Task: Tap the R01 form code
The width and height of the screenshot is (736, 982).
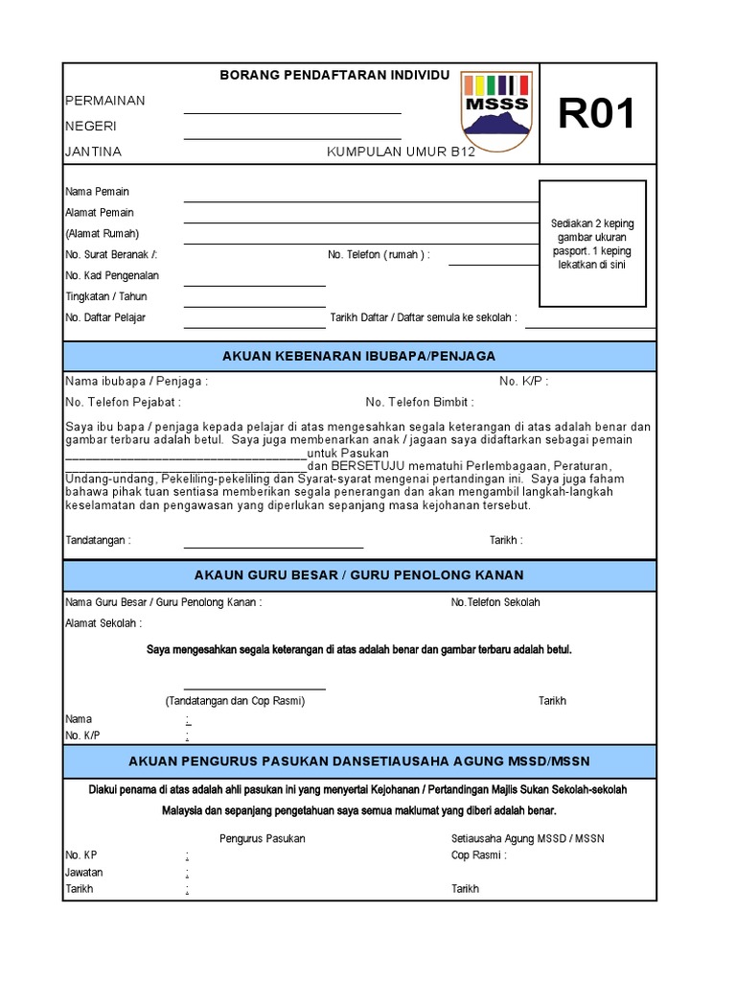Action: pos(597,115)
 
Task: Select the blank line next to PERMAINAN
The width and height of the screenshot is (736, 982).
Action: pos(292,111)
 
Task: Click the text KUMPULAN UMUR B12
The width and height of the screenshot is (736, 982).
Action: pos(402,152)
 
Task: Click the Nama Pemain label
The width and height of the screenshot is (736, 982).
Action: pos(97,192)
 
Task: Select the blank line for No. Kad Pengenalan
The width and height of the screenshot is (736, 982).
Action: pos(255,284)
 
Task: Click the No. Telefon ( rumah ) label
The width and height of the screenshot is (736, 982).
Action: pos(379,255)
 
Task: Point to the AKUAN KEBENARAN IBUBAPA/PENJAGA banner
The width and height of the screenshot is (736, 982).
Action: pos(359,356)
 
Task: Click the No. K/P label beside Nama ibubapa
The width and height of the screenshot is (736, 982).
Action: pos(524,382)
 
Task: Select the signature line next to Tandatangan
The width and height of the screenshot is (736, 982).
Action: pos(273,546)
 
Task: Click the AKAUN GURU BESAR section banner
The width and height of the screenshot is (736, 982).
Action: pos(359,574)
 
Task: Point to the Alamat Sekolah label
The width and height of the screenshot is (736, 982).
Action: pos(103,623)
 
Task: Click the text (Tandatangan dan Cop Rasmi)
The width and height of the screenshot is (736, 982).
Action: pos(235,701)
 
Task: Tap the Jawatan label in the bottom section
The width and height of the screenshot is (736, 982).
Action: pos(84,873)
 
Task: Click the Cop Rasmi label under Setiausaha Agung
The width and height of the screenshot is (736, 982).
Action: pos(479,854)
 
